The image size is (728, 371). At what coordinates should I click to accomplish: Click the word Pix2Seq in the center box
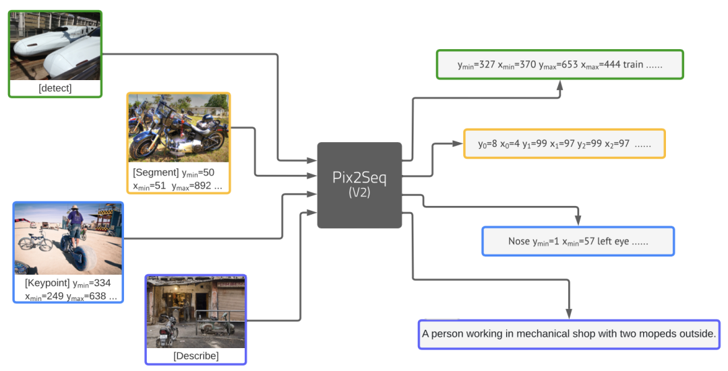click(x=359, y=177)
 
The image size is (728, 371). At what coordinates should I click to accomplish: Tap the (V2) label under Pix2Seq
click(x=359, y=192)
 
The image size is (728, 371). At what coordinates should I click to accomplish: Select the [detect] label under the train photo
click(x=55, y=88)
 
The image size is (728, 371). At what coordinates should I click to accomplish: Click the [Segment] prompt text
click(x=156, y=173)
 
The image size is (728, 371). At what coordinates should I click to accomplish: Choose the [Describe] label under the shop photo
click(x=195, y=356)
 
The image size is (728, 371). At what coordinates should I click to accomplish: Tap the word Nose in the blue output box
click(x=520, y=241)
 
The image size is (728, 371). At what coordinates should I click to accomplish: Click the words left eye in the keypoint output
click(x=615, y=241)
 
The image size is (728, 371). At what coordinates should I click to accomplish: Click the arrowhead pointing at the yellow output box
click(x=459, y=143)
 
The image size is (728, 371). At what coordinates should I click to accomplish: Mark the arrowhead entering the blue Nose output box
click(x=578, y=222)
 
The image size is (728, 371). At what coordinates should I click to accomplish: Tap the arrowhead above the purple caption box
click(x=569, y=314)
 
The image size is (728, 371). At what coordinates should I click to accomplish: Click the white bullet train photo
click(x=55, y=46)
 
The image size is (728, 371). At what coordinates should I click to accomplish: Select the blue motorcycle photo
click(x=179, y=128)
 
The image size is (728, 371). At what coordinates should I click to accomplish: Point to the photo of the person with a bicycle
click(x=68, y=238)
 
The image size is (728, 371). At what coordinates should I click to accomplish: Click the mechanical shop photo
click(x=195, y=312)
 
